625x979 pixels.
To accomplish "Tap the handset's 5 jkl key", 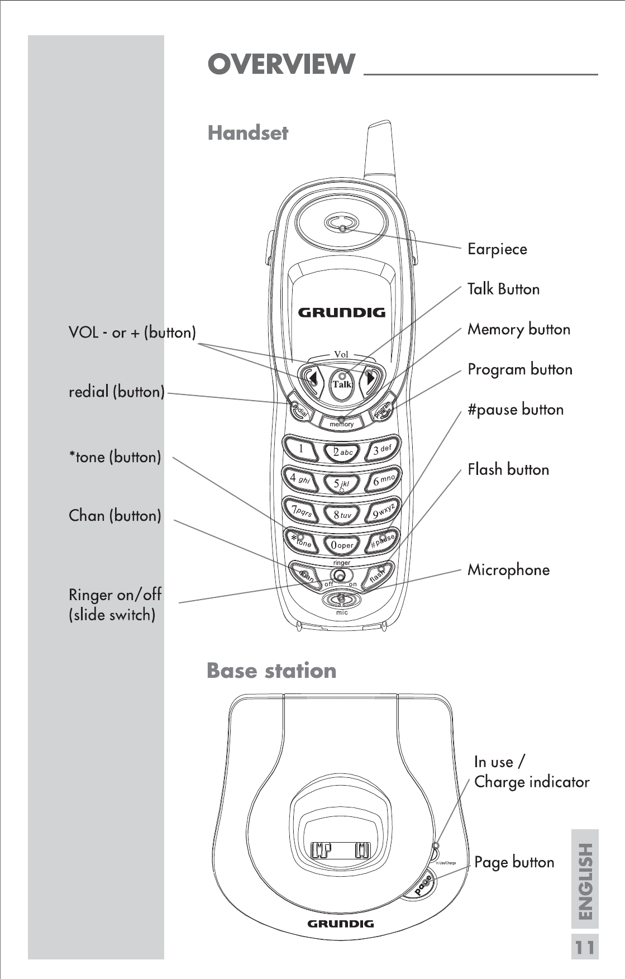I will (342, 483).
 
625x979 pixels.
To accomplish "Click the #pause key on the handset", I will (383, 541).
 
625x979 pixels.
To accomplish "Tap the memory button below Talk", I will (341, 423).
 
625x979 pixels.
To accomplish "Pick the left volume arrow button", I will (312, 379).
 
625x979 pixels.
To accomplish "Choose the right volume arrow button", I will (371, 378).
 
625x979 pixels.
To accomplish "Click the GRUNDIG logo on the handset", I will (341, 312).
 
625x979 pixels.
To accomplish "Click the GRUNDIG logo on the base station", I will (341, 924).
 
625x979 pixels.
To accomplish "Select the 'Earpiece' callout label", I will (497, 249).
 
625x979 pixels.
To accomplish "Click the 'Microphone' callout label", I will (508, 570).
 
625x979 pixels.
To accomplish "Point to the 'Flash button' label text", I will (508, 469).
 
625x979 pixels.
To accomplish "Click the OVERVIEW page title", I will (281, 64).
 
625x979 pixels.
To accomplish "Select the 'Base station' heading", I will (271, 671).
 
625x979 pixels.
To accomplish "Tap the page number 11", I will (584, 948).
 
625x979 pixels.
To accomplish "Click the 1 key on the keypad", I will (302, 449).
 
